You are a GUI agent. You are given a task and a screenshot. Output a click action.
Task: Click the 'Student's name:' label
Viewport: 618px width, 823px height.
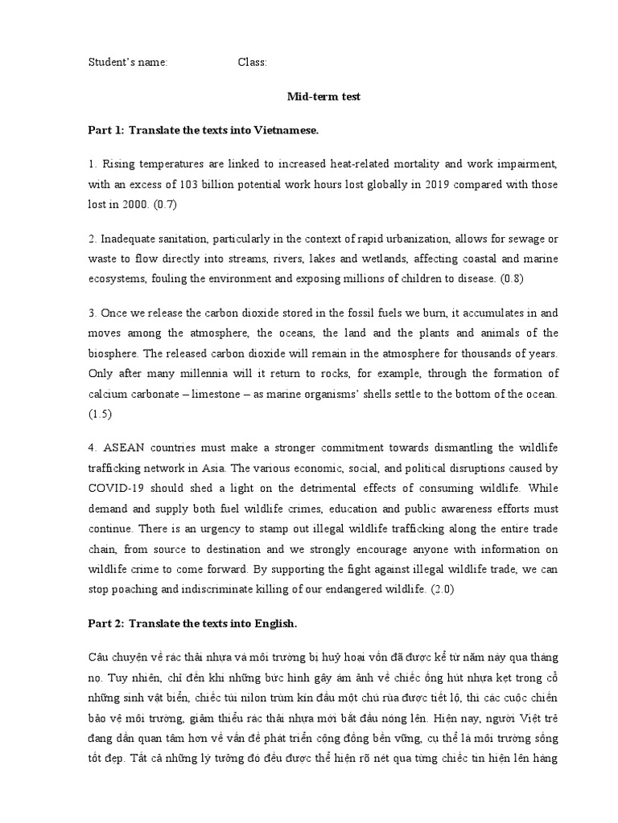[x=127, y=63]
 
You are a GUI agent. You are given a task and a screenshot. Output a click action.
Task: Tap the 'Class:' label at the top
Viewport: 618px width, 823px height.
[x=252, y=63]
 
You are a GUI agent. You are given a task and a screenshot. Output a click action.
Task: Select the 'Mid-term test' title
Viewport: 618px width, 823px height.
[x=313, y=96]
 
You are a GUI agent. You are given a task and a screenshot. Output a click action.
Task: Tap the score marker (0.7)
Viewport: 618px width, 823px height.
[x=163, y=204]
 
